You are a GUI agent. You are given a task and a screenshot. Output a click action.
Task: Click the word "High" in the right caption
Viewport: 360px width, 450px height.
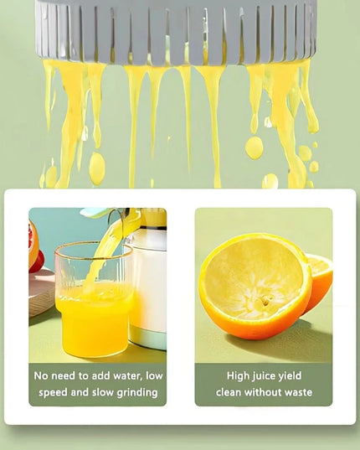(x=241, y=375)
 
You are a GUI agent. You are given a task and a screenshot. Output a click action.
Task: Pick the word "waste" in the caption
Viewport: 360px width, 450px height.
(x=296, y=392)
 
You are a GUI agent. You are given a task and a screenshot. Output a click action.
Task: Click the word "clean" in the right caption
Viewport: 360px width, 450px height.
(x=229, y=392)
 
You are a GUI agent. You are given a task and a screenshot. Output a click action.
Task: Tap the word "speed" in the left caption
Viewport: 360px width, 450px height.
(x=51, y=392)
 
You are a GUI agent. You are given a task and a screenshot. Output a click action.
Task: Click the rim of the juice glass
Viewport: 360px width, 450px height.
(x=92, y=247)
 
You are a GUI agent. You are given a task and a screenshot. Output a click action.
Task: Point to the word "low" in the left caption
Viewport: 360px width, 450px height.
(x=156, y=375)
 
